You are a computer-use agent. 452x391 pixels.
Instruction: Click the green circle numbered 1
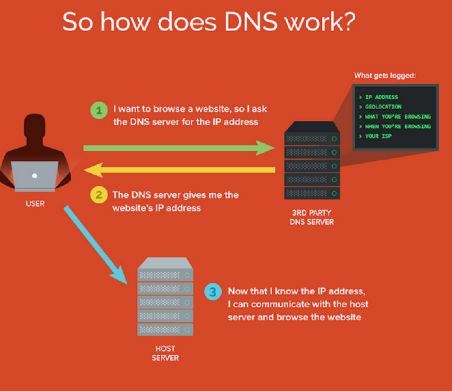pos(98,111)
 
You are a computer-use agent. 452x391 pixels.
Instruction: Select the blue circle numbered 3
pos(213,291)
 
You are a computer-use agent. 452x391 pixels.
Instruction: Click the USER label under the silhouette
pos(35,203)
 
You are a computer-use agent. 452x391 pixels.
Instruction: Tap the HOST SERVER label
pos(165,353)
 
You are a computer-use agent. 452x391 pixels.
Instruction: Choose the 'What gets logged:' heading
pos(385,76)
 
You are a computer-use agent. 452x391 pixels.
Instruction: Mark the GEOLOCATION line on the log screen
pos(383,107)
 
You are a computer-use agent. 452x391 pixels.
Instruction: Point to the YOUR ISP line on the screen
pos(379,136)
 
